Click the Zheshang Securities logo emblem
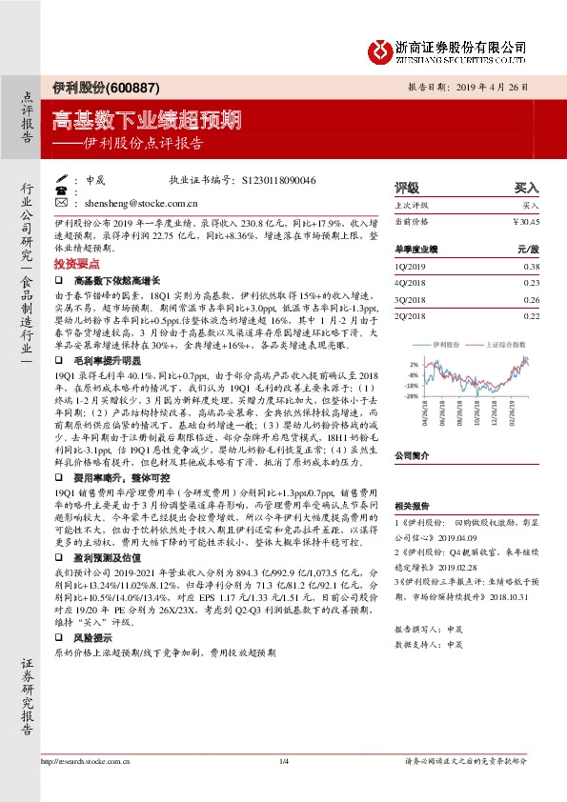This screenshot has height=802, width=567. pos(380,49)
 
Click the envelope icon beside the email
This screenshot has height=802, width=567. pos(62,203)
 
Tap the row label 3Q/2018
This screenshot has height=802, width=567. pos(412,300)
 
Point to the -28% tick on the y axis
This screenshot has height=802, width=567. pos(412,394)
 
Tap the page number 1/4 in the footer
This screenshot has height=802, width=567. pos(283,760)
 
